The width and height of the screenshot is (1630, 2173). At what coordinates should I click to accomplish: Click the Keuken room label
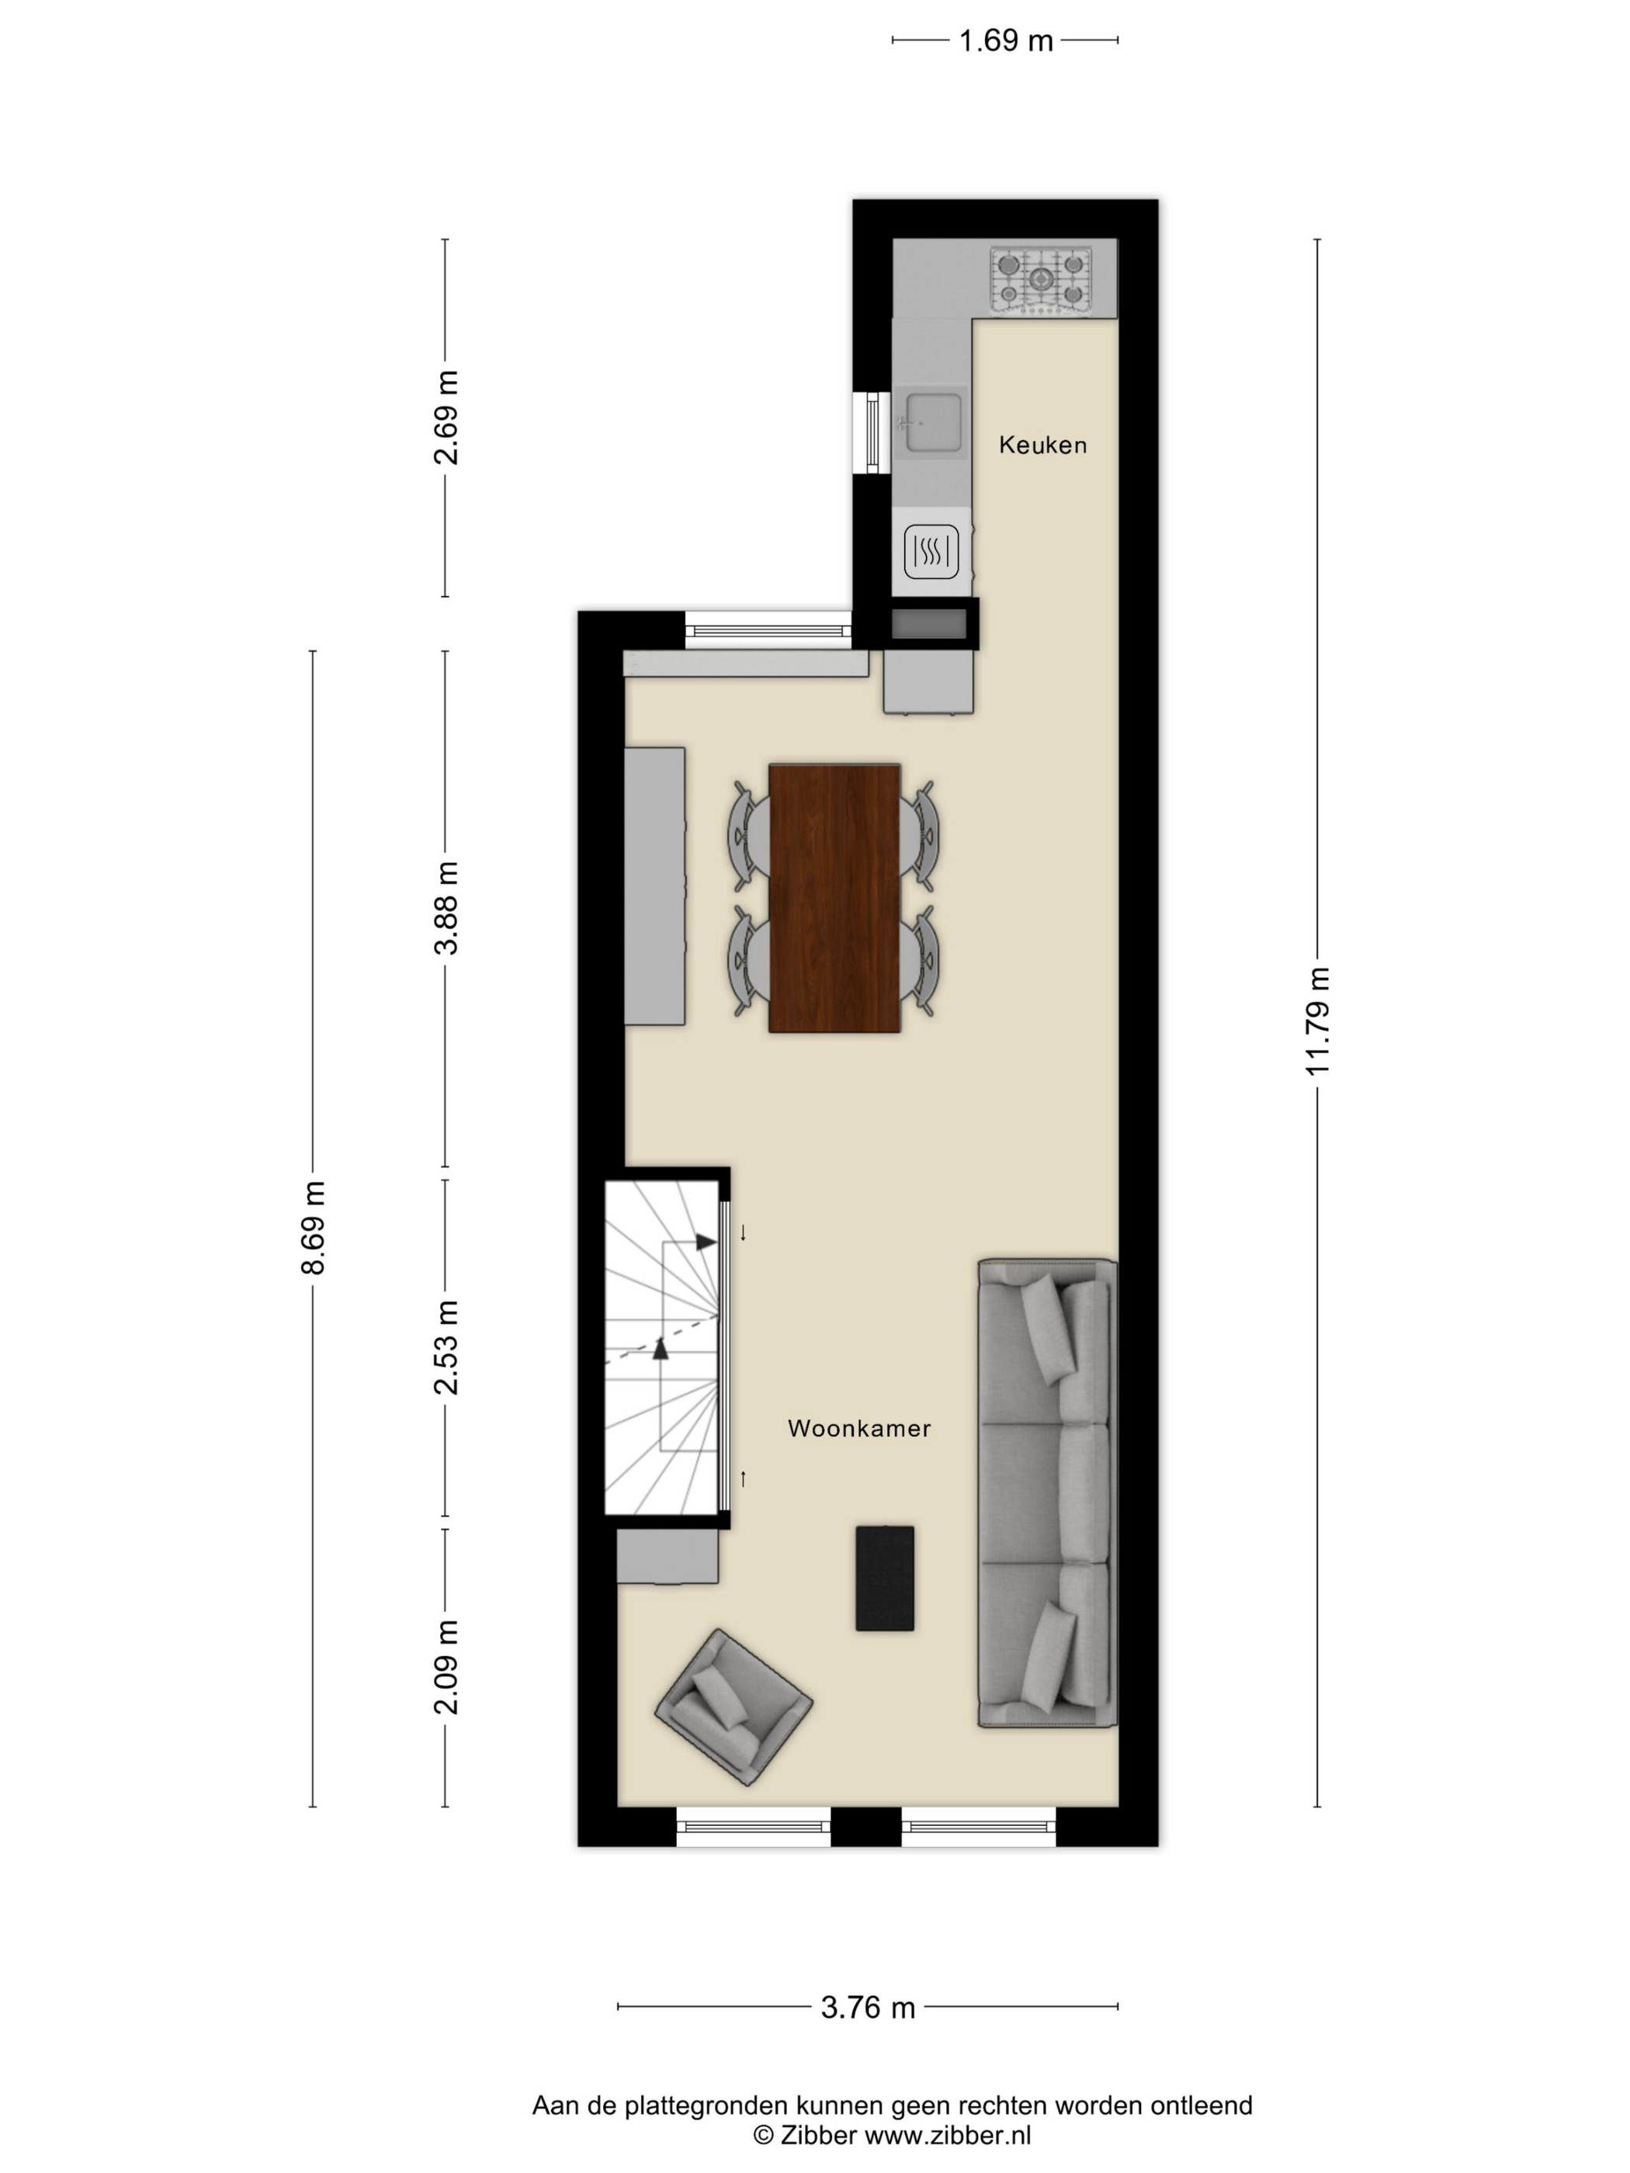click(x=1042, y=445)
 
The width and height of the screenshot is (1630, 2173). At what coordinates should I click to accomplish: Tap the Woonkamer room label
click(x=858, y=1429)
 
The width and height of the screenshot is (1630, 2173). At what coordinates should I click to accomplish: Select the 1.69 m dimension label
click(x=1005, y=40)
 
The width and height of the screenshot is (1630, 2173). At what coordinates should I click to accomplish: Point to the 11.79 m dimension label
click(x=1317, y=1021)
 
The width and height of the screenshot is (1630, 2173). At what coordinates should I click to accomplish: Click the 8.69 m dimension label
click(x=313, y=1227)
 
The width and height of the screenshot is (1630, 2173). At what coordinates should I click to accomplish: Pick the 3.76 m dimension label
click(x=868, y=2007)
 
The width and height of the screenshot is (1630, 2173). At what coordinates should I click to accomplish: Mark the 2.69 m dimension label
click(x=446, y=418)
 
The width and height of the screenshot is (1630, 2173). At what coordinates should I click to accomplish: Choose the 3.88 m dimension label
click(x=446, y=908)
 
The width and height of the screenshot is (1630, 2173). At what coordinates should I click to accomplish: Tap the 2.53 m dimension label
click(x=446, y=1346)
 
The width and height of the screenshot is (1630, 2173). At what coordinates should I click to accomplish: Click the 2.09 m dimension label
click(x=446, y=1667)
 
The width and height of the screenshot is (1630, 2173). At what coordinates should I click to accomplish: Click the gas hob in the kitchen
click(x=1041, y=281)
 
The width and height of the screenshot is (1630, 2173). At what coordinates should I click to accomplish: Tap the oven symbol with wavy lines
click(x=931, y=551)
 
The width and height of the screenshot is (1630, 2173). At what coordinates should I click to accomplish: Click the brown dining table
click(x=834, y=898)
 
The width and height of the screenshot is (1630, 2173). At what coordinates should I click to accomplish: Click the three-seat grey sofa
click(x=1047, y=1492)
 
